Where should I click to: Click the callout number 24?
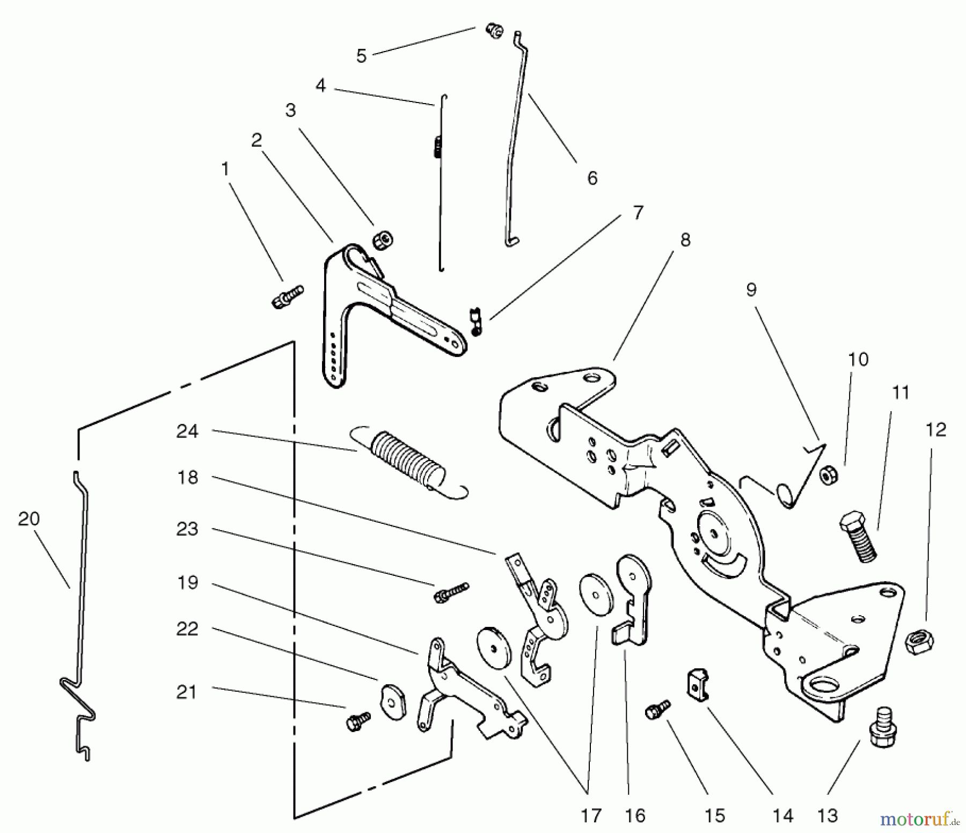point(187,431)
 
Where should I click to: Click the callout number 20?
point(29,518)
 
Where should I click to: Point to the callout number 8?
point(685,240)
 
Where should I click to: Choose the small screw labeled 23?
point(451,591)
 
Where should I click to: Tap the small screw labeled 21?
point(358,721)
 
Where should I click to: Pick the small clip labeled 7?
point(476,321)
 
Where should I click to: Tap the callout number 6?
point(592,178)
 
